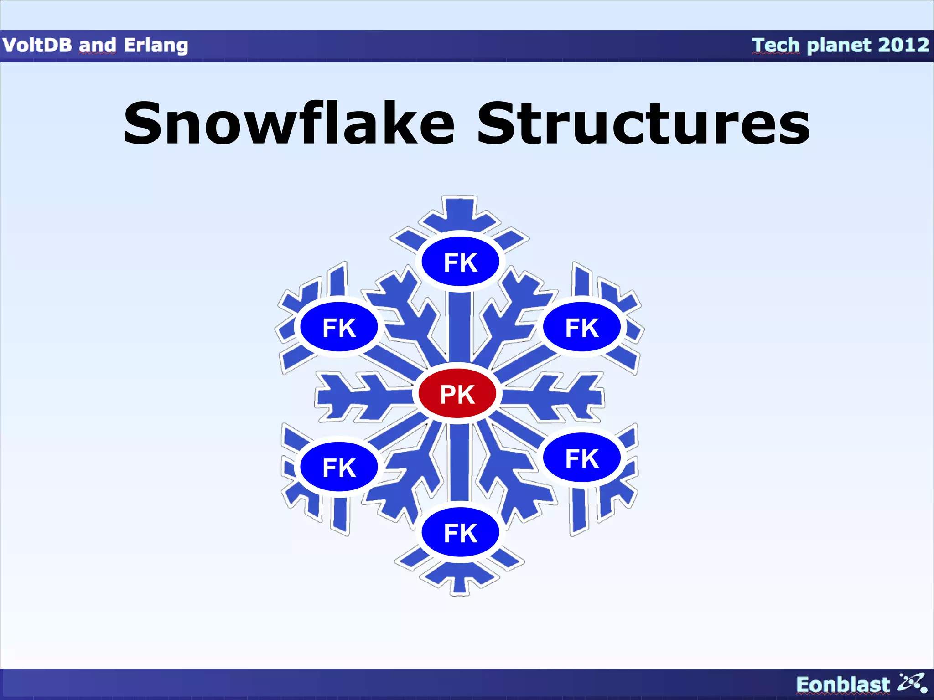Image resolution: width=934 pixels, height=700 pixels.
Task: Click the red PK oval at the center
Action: pyautogui.click(x=457, y=394)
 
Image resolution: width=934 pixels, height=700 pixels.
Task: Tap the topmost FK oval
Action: pyautogui.click(x=461, y=262)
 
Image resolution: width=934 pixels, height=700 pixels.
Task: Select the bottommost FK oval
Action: pyautogui.click(x=461, y=532)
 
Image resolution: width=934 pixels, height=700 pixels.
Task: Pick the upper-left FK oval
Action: pyautogui.click(x=339, y=327)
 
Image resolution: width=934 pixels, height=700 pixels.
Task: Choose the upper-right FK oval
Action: pyautogui.click(x=582, y=327)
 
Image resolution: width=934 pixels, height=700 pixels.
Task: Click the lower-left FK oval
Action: pyautogui.click(x=339, y=467)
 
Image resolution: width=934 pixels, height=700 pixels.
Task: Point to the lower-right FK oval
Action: pyautogui.click(x=582, y=458)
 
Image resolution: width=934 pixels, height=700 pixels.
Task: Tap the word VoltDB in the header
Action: pyautogui.click(x=37, y=46)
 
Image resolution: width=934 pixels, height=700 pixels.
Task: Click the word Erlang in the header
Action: pyautogui.click(x=156, y=46)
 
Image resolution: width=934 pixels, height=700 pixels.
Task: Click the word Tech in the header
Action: pyautogui.click(x=776, y=46)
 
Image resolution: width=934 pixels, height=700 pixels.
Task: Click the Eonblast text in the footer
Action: pyautogui.click(x=843, y=685)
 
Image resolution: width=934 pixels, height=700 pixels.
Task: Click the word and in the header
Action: pyautogui.click(x=97, y=46)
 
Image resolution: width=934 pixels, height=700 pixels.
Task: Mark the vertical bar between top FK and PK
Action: pyautogui.click(x=460, y=328)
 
